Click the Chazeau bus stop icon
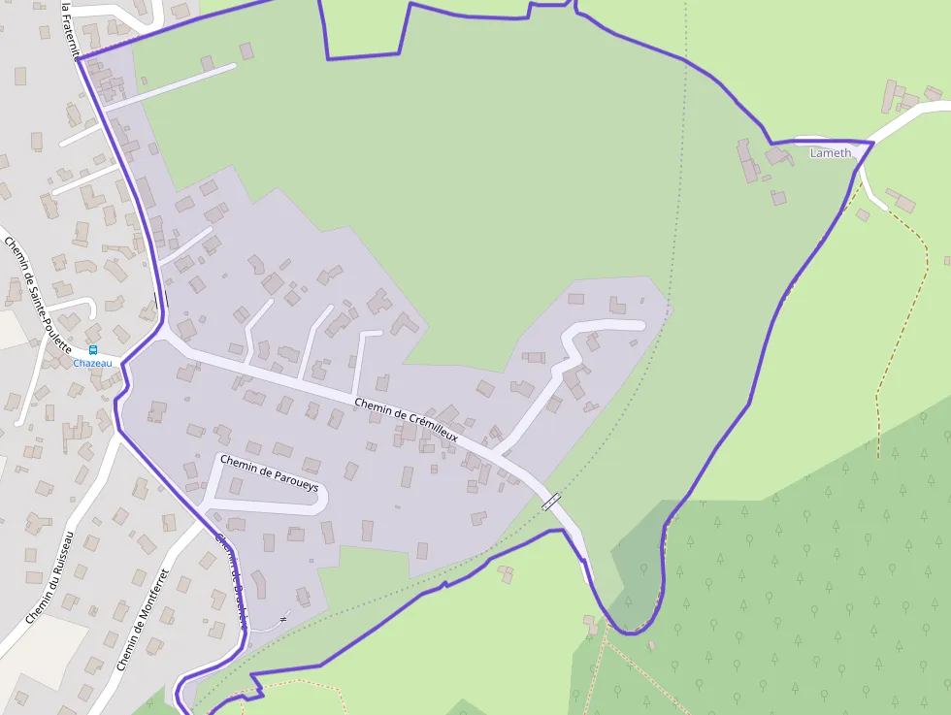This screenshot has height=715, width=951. click(x=93, y=350)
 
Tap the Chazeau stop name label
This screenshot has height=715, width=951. click(x=93, y=364)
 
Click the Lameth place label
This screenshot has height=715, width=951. click(x=830, y=153)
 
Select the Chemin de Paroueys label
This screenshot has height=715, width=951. click(x=269, y=472)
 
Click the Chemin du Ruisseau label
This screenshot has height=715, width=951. click(x=49, y=577)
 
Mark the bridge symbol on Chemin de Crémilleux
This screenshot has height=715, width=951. click(x=551, y=501)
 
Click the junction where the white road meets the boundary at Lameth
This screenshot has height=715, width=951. click(x=872, y=144)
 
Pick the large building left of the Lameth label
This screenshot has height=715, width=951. click(x=748, y=161)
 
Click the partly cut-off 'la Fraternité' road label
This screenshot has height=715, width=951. click(x=67, y=29)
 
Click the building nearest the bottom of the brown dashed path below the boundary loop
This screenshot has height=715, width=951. click(x=590, y=621)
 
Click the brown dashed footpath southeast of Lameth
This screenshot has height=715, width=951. click(x=902, y=320)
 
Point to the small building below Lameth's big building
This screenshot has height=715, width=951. click(x=778, y=197)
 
